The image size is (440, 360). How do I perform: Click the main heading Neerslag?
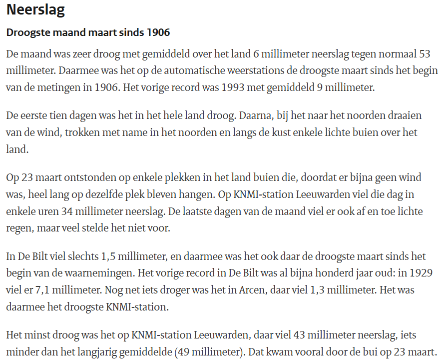pos(35,10)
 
